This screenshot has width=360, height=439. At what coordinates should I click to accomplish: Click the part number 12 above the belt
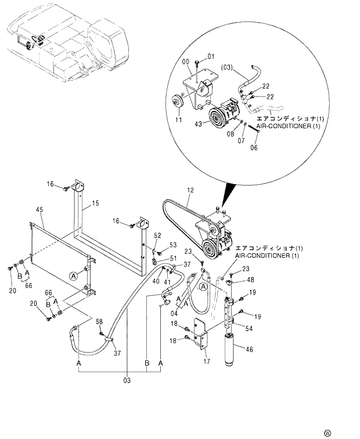189,190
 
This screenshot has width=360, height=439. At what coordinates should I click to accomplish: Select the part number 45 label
39,210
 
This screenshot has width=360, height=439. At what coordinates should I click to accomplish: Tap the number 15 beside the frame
95,203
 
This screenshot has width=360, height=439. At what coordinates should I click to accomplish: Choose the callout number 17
207,362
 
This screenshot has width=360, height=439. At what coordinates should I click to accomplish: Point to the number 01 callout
211,56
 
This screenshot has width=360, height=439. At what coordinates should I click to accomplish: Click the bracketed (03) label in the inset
227,67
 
